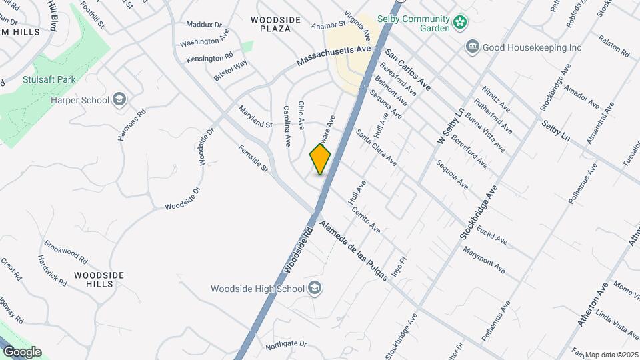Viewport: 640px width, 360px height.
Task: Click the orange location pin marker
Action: coord(320,159)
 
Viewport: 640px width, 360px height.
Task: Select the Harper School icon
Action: coord(119,100)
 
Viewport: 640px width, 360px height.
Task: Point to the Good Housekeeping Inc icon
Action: coord(473,47)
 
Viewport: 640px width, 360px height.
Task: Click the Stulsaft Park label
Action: coord(48,79)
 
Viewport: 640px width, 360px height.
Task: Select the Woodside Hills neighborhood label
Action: coord(99,279)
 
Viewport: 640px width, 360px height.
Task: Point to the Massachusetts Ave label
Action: coord(333,57)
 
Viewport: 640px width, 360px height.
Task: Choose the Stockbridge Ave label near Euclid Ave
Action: coord(479,212)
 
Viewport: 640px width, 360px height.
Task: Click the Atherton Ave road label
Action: coord(593,303)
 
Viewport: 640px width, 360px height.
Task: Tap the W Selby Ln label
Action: coord(449,128)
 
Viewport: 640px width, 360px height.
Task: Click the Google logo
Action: coord(22,351)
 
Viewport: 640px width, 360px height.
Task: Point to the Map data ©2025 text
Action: coord(611,354)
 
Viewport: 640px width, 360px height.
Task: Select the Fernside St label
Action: coord(253,159)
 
